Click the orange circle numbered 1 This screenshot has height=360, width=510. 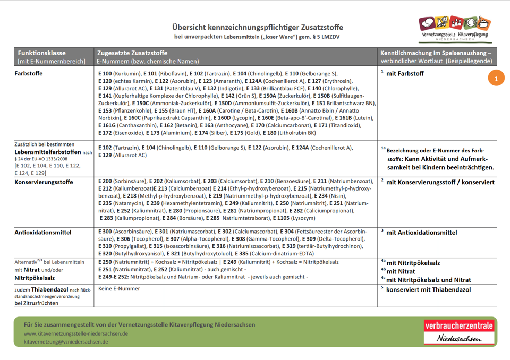pos(496,78)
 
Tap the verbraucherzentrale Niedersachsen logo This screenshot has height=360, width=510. pos(458,331)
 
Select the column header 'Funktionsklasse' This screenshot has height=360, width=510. pos(41,53)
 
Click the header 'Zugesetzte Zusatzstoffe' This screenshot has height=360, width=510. pos(132,53)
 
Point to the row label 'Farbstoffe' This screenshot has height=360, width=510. pos(29,74)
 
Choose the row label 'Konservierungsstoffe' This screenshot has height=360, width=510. pos(44,182)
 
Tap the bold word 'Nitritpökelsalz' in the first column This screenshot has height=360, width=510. pos(35,278)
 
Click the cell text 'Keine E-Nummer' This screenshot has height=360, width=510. pos(120,289)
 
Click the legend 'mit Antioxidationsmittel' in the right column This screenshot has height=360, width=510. pos(421,233)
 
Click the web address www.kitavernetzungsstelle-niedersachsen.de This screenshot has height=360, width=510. pos(76,333)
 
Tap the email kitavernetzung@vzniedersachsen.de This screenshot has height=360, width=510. pos(66,342)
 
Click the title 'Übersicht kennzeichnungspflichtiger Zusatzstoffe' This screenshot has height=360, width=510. pos(257,27)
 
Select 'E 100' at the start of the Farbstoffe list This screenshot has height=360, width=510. pos(105,73)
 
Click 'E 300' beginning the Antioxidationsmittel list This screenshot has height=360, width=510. pos(105,232)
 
